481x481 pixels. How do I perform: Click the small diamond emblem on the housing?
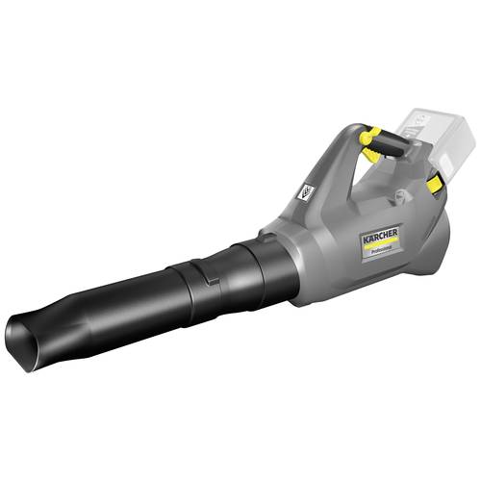click(306, 192)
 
